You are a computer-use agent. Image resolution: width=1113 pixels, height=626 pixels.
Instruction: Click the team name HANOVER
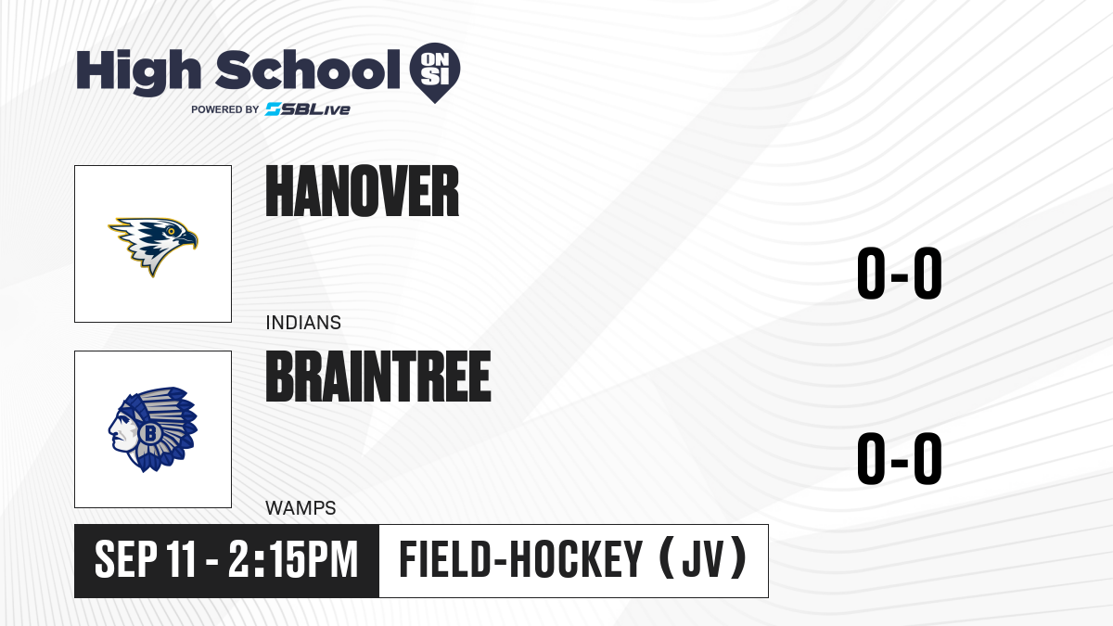click(363, 191)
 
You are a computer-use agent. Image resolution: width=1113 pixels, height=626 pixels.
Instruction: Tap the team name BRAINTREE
click(378, 377)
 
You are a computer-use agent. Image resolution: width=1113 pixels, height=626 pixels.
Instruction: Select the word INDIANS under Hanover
click(303, 323)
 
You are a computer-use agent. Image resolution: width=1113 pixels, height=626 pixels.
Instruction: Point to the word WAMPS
click(301, 508)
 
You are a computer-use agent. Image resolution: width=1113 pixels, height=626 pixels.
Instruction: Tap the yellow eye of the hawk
click(171, 231)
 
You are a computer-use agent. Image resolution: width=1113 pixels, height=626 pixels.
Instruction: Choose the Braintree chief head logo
click(153, 429)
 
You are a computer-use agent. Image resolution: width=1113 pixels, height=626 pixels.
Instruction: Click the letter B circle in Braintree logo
click(149, 433)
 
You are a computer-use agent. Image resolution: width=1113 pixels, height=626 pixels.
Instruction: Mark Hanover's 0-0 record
click(900, 273)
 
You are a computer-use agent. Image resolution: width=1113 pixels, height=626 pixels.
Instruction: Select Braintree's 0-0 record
click(900, 458)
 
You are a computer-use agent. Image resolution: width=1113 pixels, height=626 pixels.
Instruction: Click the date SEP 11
click(145, 559)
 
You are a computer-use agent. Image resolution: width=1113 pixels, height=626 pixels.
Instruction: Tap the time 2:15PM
click(293, 559)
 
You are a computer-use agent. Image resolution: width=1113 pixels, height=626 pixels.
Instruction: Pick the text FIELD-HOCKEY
click(521, 559)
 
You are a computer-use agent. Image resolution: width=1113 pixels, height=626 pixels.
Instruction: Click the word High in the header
click(139, 72)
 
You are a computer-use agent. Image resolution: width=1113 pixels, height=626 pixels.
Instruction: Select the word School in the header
click(308, 70)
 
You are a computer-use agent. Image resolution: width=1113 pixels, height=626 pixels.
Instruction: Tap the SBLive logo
click(308, 109)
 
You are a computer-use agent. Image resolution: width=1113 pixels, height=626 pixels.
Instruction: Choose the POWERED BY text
click(225, 109)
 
